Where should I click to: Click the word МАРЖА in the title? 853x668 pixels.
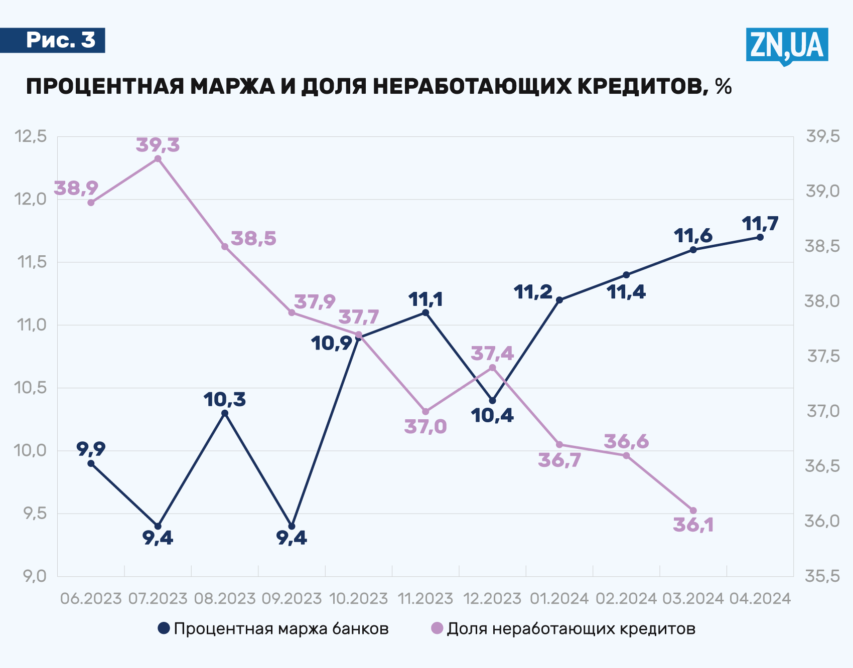(x=232, y=86)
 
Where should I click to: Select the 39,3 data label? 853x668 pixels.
(x=158, y=145)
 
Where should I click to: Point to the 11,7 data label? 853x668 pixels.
(x=760, y=223)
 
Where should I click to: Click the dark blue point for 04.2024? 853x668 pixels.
(x=760, y=237)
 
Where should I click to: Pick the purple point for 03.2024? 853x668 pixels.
(x=693, y=511)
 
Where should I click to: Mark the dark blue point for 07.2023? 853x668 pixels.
(x=158, y=526)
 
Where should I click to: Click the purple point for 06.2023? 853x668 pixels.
(x=91, y=203)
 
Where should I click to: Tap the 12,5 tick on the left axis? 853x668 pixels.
(x=31, y=136)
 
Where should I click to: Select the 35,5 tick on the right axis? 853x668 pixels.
(x=822, y=576)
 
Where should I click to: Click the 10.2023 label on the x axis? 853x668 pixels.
(x=358, y=598)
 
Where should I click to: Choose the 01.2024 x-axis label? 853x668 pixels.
(x=559, y=598)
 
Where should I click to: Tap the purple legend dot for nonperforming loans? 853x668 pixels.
(x=438, y=628)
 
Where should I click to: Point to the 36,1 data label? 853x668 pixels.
(x=693, y=525)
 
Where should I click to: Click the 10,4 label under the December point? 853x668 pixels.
(x=492, y=415)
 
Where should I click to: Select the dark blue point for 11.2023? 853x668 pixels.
(x=425, y=312)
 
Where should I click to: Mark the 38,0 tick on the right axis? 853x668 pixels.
(x=822, y=301)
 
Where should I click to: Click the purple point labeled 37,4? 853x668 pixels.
(x=492, y=368)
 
